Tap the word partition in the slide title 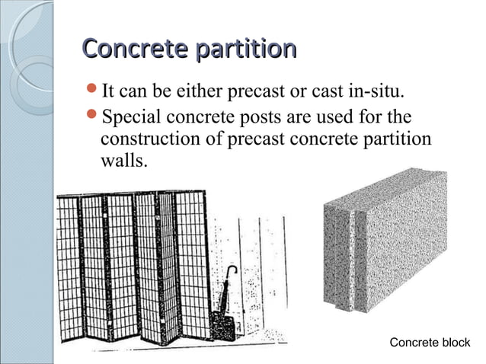pyautogui.click(x=245, y=49)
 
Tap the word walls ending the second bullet pyautogui.click(x=122, y=162)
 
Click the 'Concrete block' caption pyautogui.click(x=430, y=343)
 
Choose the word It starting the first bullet pyautogui.click(x=108, y=93)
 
